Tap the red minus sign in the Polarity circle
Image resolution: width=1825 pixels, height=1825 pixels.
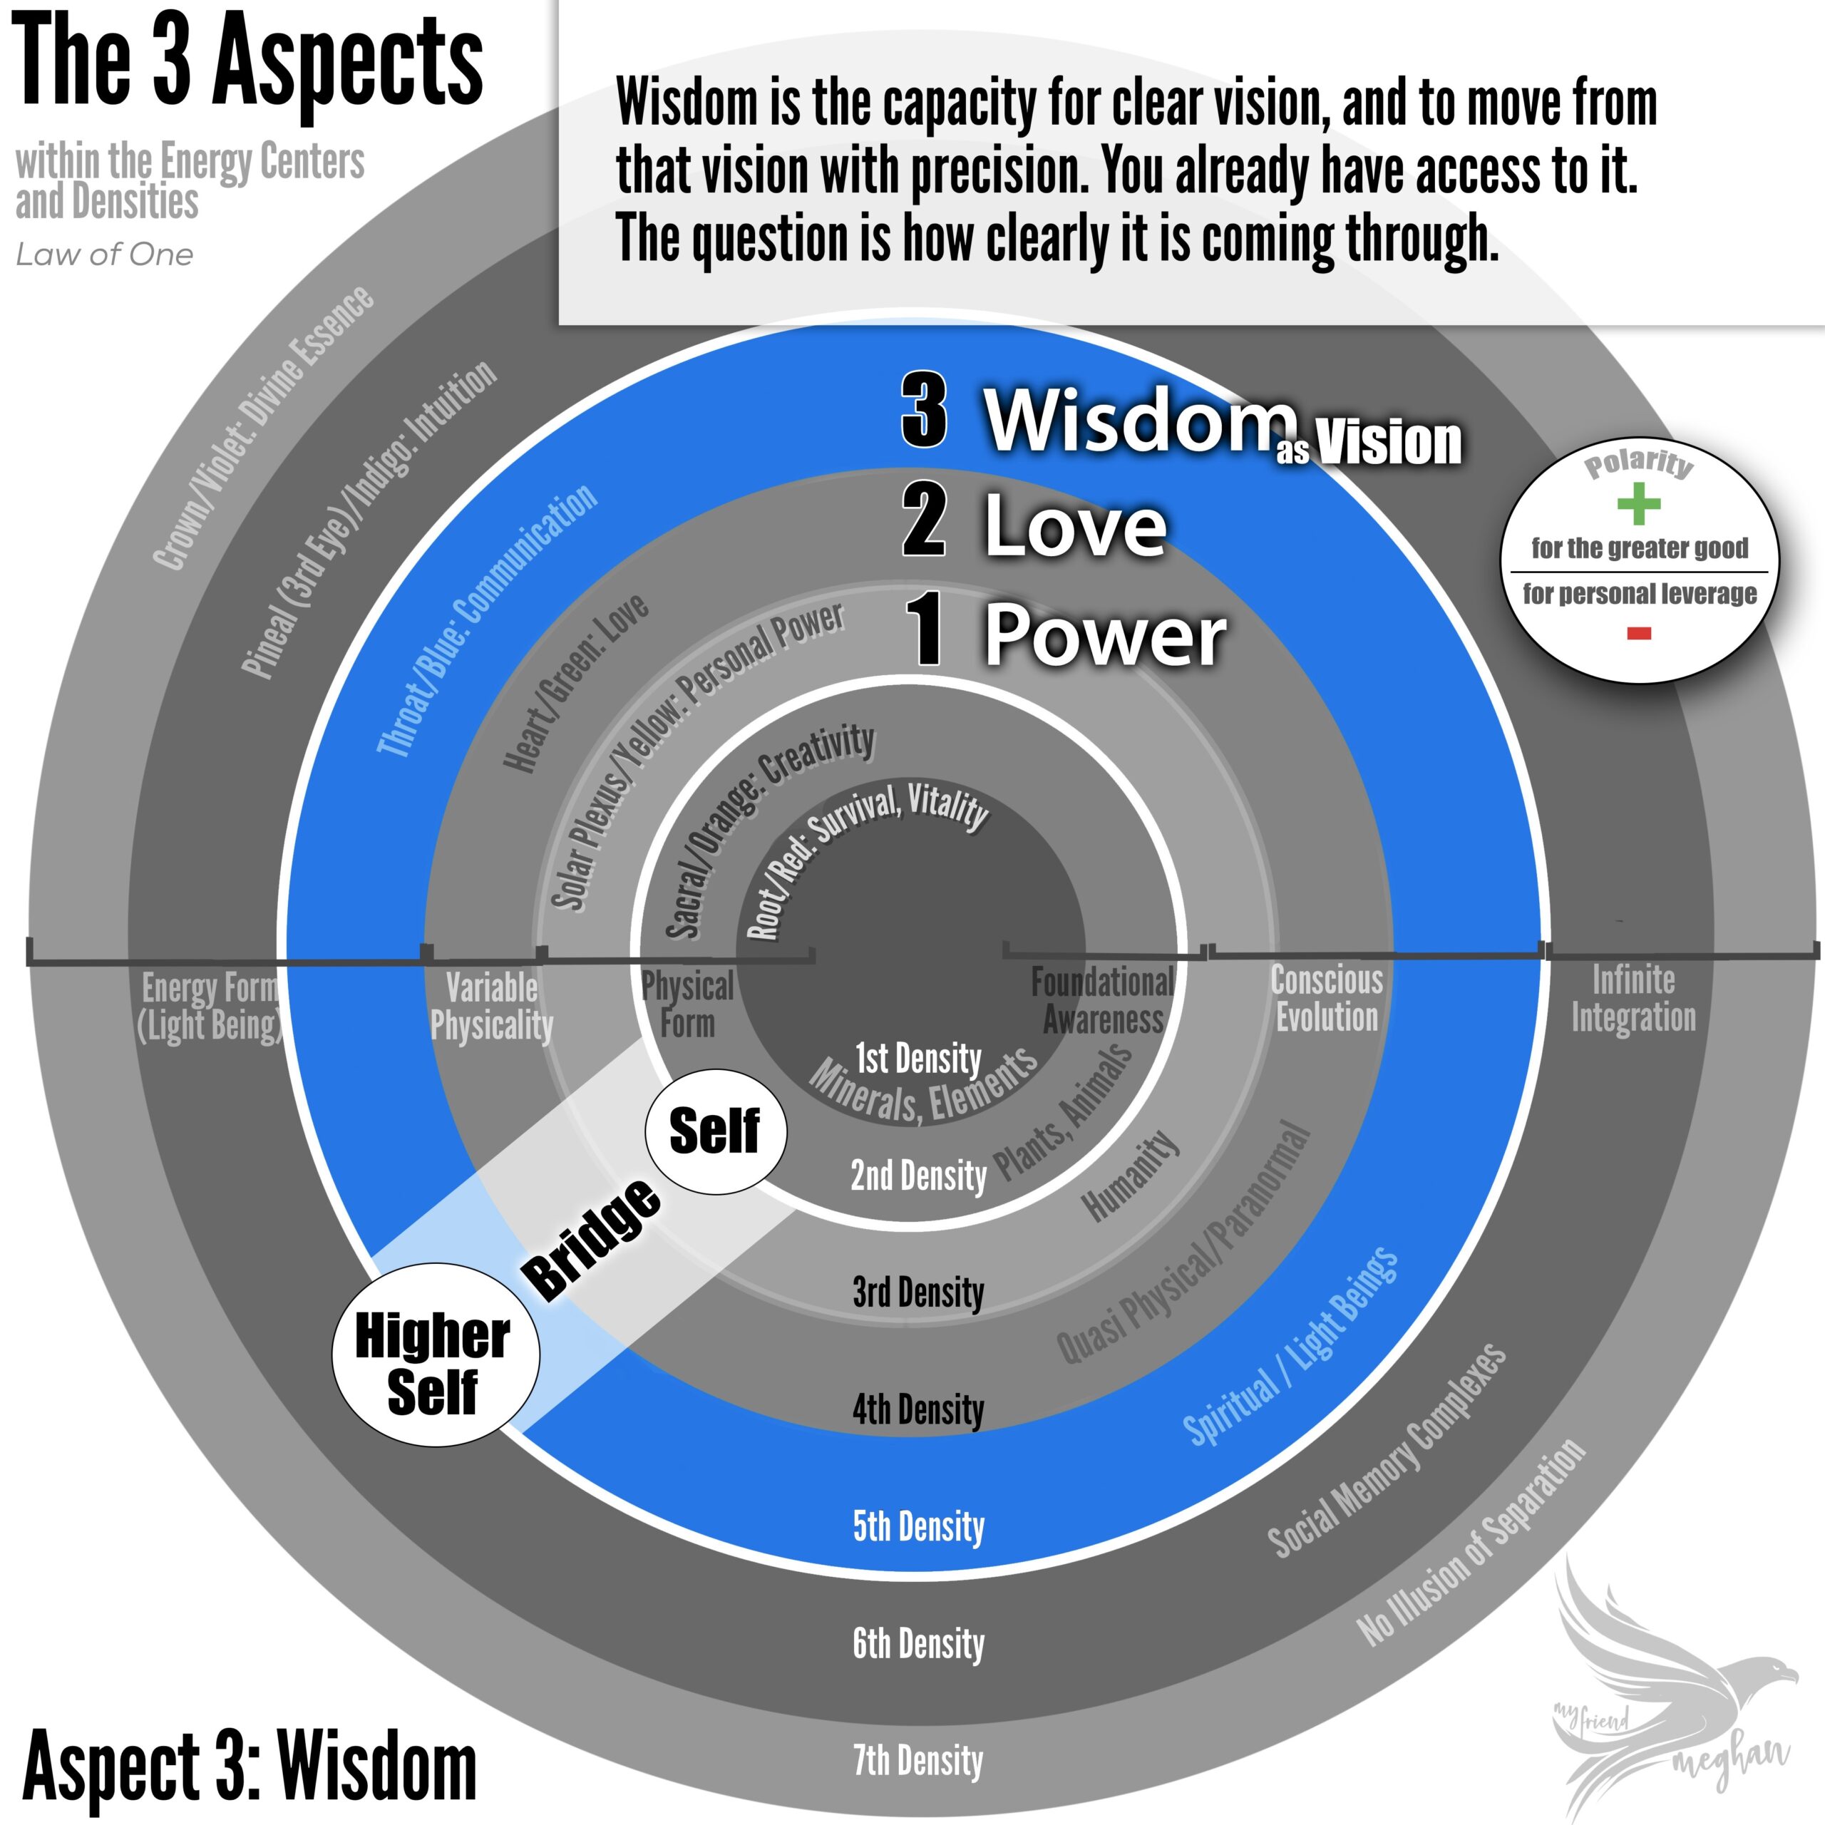point(1639,634)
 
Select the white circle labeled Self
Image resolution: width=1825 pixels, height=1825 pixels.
point(715,1131)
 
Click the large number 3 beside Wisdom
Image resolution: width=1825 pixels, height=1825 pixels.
point(924,411)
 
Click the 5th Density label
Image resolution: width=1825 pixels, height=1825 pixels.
point(918,1526)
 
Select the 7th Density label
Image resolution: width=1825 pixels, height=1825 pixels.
point(918,1761)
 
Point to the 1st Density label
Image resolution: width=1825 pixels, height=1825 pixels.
point(918,1058)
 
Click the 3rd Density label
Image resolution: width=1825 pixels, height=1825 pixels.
point(918,1292)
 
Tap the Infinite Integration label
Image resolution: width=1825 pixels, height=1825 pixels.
point(1633,999)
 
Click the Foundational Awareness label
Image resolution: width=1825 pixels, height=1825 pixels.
point(1102,1000)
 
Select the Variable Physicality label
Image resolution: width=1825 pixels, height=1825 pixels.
point(491,1006)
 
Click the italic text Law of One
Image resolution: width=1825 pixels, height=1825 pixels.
point(105,254)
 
